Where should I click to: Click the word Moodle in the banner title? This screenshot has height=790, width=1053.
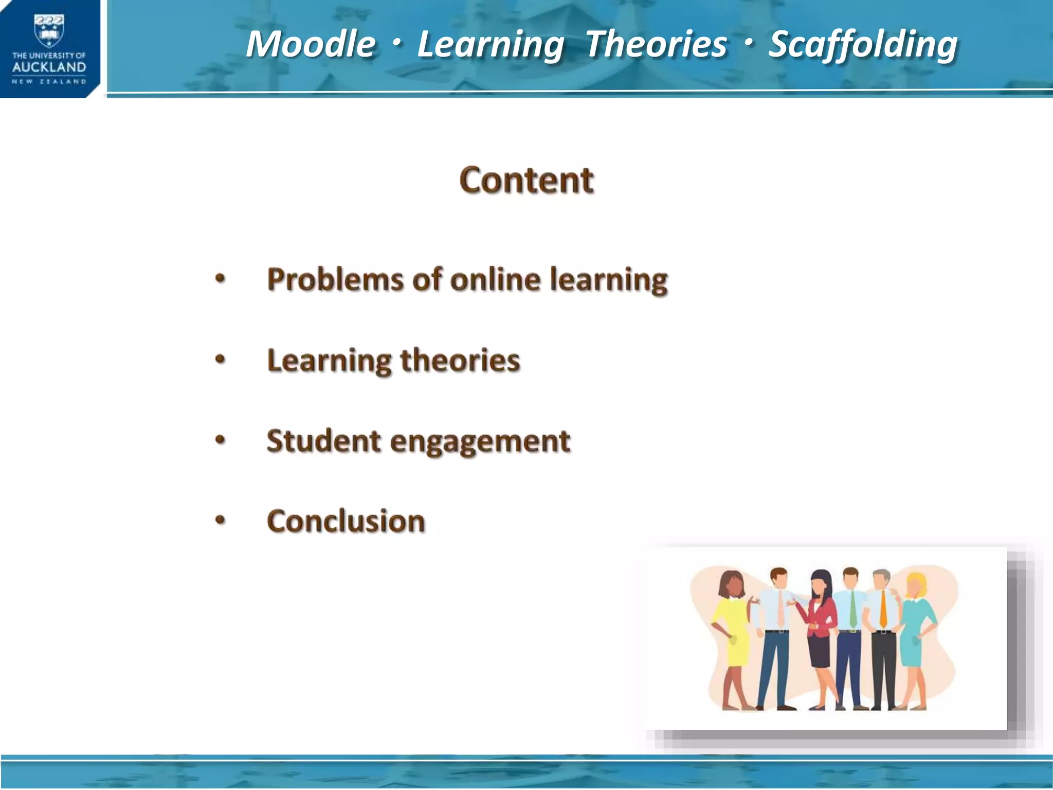pyautogui.click(x=311, y=44)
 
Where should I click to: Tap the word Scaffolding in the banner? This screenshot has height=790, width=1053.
pyautogui.click(x=863, y=44)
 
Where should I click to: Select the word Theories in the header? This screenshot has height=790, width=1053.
pyautogui.click(x=656, y=44)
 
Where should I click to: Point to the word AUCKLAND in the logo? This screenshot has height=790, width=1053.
pyautogui.click(x=49, y=67)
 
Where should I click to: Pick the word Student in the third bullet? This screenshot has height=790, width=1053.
pyautogui.click(x=323, y=441)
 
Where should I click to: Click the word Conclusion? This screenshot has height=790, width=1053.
pyautogui.click(x=346, y=521)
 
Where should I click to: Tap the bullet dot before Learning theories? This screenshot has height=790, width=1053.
pyautogui.click(x=220, y=360)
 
